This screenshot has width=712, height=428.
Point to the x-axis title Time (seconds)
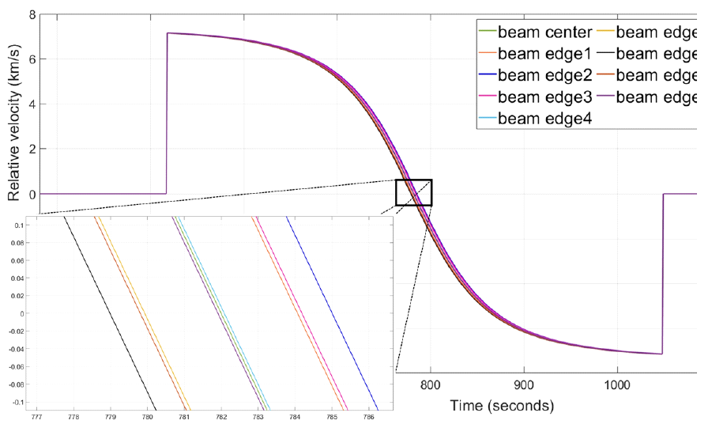pyautogui.click(x=502, y=406)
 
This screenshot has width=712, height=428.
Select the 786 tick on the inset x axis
pyautogui.click(x=368, y=415)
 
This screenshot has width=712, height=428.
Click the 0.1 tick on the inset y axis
pyautogui.click(x=18, y=225)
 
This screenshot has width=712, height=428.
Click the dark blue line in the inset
pyautogui.click(x=332, y=312)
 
